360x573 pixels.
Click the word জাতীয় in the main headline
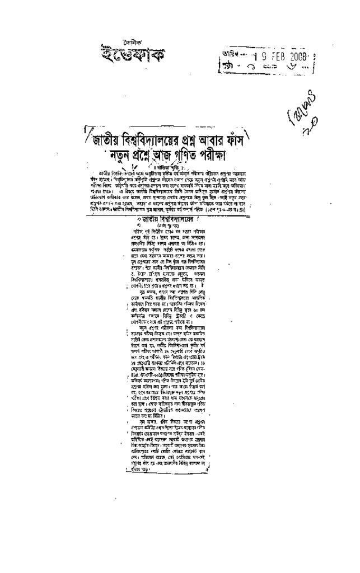[x=107, y=137]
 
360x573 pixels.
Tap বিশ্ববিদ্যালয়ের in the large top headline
[x=157, y=137]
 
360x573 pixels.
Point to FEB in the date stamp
[x=278, y=55]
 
